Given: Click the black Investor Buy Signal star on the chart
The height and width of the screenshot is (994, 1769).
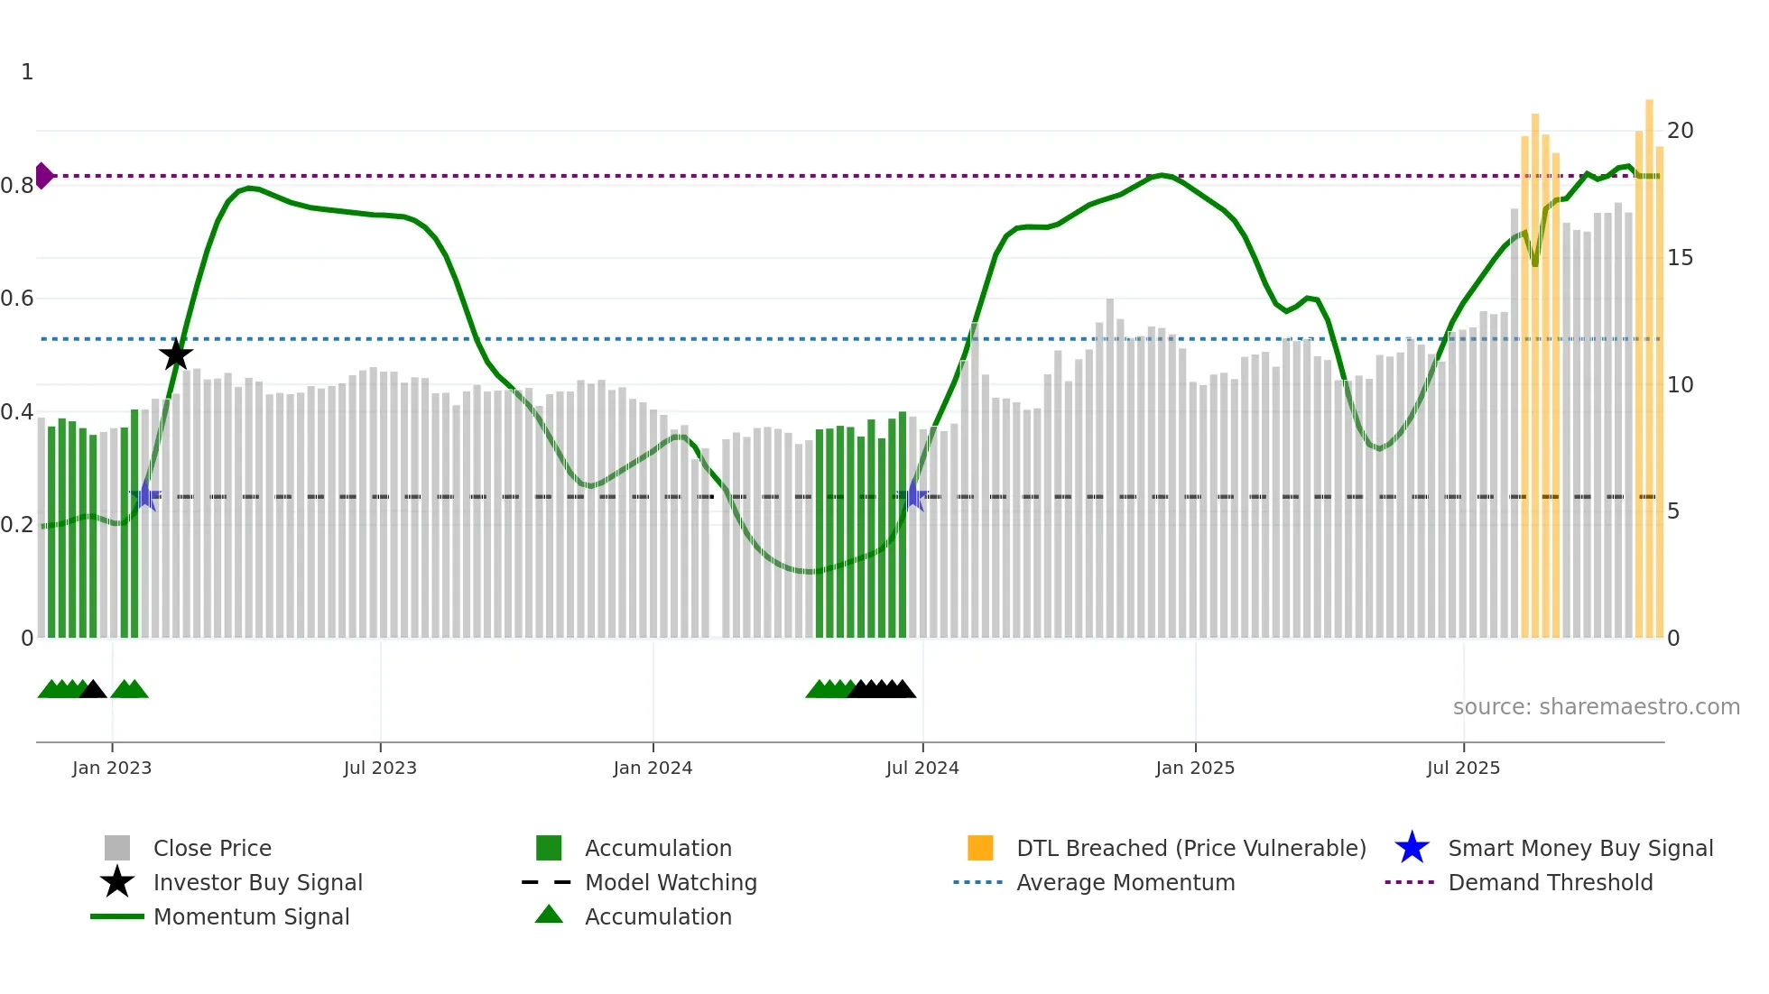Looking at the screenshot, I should point(176,354).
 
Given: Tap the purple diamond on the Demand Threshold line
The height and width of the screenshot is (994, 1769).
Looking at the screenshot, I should point(43,176).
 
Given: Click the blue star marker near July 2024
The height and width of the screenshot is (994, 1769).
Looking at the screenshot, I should point(914,496).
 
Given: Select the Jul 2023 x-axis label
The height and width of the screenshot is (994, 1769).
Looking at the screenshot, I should point(380,768).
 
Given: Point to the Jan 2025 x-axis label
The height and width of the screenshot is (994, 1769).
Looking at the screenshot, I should point(1195,768).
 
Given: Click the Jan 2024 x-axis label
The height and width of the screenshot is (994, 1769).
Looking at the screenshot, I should point(653,768).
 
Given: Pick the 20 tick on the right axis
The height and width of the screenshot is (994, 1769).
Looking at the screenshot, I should point(1680,131).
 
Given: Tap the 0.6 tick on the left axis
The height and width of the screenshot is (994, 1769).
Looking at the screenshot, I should point(18,299).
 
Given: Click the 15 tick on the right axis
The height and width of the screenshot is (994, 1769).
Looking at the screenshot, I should point(1680,258).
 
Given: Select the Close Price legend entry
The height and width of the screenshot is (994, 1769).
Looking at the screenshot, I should point(212,848).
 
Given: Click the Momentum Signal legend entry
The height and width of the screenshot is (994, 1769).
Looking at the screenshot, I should point(251,916).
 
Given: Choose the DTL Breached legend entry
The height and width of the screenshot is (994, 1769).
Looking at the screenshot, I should point(1190,848).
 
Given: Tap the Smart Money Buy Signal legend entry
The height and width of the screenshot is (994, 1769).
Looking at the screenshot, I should point(1579,848).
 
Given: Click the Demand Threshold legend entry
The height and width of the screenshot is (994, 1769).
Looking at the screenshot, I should point(1550,882).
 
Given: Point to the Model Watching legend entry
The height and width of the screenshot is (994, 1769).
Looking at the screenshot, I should point(671,882).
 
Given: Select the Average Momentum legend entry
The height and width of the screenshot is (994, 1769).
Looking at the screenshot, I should point(1125,882).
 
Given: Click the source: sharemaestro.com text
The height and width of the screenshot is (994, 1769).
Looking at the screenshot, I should point(1596,707).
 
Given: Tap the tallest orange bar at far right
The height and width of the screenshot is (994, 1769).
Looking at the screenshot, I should point(1649,361).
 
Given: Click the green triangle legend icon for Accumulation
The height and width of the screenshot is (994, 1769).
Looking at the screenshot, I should point(549,916).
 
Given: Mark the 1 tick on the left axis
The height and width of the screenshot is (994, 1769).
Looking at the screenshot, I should point(27,72).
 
